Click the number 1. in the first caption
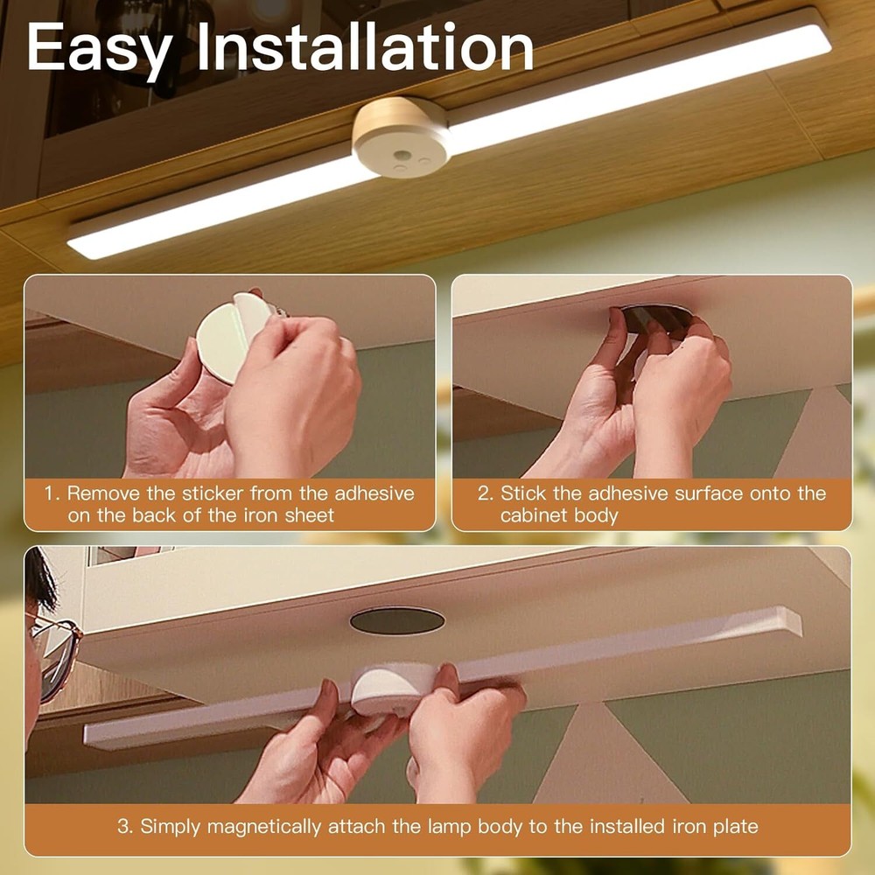(x=52, y=493)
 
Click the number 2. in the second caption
(x=486, y=493)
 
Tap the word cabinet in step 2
(x=534, y=515)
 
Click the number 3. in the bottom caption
(x=125, y=825)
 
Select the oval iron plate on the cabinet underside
(x=396, y=620)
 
